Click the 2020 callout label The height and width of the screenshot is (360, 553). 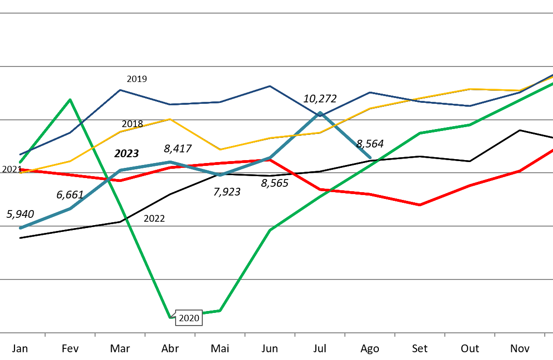[189, 318]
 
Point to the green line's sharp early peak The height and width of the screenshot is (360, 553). [70, 100]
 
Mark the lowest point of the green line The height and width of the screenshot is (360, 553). [170, 317]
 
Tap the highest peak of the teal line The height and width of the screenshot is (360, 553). [320, 113]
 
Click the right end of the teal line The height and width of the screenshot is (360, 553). [370, 157]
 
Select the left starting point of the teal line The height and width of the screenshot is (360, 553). [20, 228]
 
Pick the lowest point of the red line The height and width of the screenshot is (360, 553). [420, 205]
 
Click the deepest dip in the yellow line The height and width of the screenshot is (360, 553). [220, 149]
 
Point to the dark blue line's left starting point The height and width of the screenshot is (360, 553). [20, 155]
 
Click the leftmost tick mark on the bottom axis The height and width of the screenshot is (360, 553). [45, 334]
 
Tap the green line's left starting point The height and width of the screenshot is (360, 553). [20, 162]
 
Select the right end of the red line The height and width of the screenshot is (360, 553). [552, 150]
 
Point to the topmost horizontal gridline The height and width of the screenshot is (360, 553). [276, 13]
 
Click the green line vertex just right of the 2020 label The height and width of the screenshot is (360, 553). [220, 311]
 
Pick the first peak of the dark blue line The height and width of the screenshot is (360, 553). [120, 90]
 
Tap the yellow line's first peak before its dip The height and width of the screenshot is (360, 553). [170, 119]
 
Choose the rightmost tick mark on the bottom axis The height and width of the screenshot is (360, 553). [545, 334]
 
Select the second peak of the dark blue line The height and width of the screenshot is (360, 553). [270, 86]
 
